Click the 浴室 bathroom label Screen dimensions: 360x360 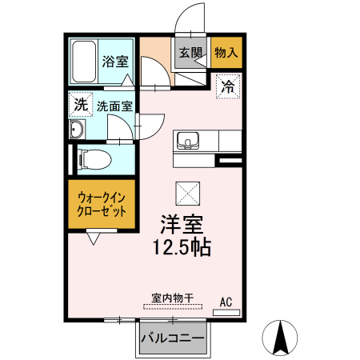(116, 60)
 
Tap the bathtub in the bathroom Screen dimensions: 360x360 (84, 61)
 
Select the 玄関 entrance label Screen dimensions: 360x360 (190, 54)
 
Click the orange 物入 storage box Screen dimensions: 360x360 (226, 54)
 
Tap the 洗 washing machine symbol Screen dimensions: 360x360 (80, 104)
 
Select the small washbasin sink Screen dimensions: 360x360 (78, 130)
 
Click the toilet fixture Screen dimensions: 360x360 (93, 160)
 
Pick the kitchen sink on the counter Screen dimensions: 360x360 (190, 141)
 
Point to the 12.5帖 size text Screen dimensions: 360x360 (182, 248)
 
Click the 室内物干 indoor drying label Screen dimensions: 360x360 (170, 298)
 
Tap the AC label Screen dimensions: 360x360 (226, 302)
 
